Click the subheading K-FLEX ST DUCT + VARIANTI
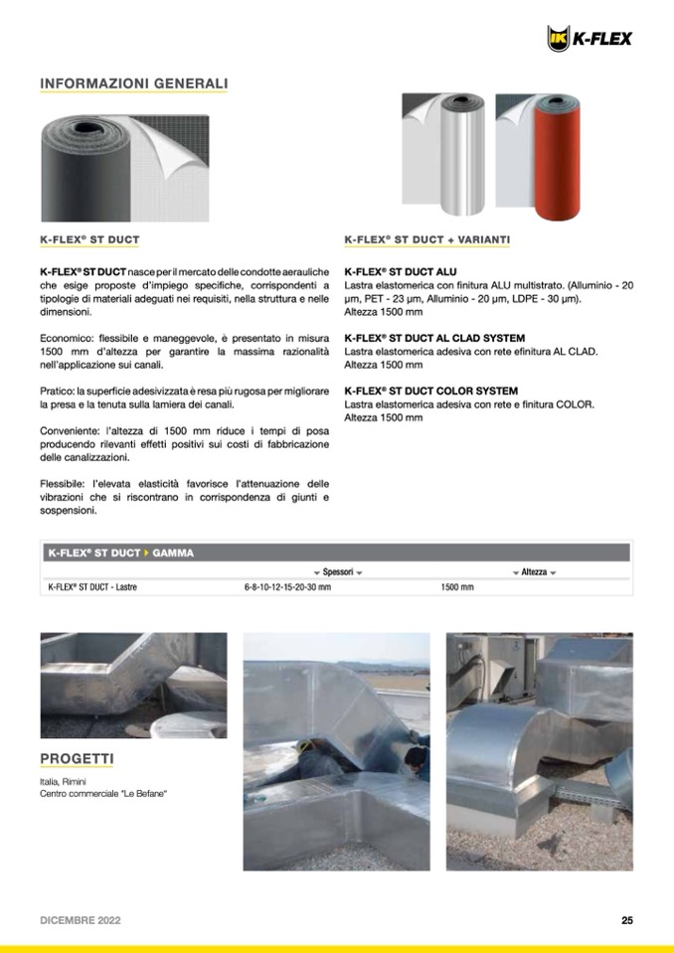click(427, 239)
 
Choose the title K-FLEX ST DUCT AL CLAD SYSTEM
click(434, 338)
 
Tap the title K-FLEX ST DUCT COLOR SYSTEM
click(430, 391)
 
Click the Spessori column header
click(337, 572)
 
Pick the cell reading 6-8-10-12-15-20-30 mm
click(287, 587)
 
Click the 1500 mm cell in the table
click(457, 587)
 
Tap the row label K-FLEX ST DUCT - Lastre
click(92, 587)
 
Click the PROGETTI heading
click(77, 759)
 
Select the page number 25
click(627, 920)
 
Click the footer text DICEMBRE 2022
click(81, 920)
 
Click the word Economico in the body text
click(66, 339)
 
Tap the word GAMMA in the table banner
click(173, 553)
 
